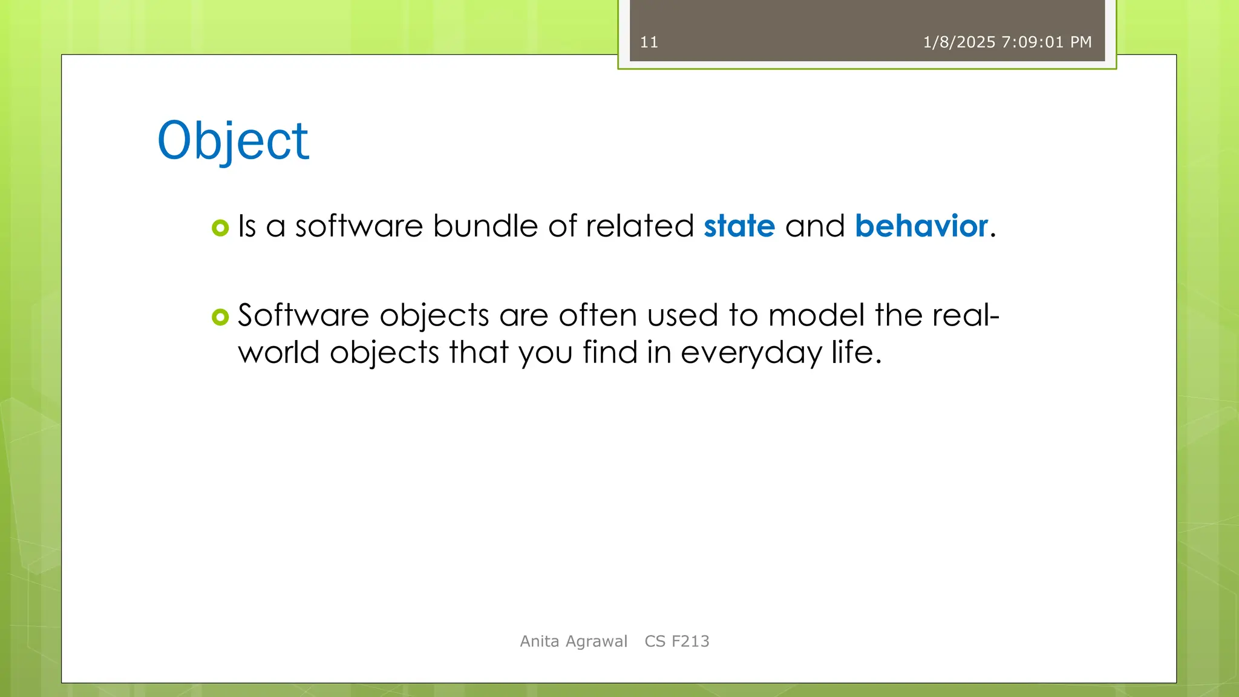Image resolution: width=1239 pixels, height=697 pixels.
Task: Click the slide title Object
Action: [x=233, y=140]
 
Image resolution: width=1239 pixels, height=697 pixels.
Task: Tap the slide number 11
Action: [x=649, y=42]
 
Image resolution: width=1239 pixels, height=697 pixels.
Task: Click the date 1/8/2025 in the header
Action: [x=959, y=42]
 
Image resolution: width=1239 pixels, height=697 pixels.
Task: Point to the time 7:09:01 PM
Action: [x=1047, y=42]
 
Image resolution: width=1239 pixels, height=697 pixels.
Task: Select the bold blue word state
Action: [x=739, y=226]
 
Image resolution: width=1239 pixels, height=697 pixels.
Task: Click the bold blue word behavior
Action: [x=921, y=226]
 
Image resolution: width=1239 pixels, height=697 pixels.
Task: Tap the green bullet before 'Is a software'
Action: [x=220, y=228]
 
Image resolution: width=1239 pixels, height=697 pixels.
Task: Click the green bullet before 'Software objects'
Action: [x=220, y=317]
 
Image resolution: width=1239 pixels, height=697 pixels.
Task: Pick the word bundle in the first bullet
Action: [x=485, y=226]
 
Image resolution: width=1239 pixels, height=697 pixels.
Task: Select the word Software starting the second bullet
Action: [x=303, y=316]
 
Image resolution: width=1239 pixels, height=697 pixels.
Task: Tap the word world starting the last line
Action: [x=278, y=353]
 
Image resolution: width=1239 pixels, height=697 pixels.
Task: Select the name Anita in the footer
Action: [x=540, y=641]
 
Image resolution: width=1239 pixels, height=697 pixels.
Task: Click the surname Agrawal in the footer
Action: [x=596, y=642]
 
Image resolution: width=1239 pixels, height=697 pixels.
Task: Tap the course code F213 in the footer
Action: [x=690, y=641]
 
